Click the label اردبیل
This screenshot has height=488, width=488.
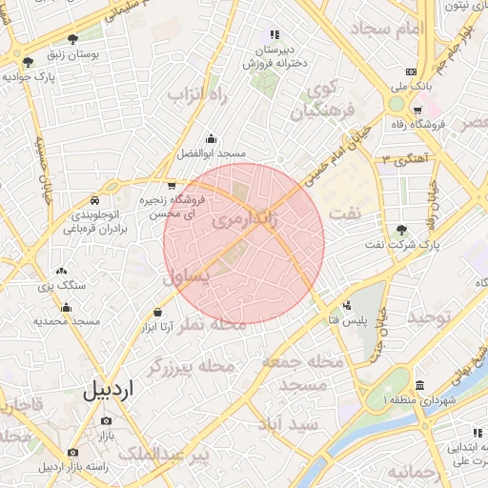(x=109, y=391)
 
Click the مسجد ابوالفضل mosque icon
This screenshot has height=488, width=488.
(x=211, y=138)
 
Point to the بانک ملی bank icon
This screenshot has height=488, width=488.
(x=411, y=71)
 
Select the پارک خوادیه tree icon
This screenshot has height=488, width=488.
(x=28, y=63)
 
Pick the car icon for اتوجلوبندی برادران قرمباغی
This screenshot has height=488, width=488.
(x=95, y=201)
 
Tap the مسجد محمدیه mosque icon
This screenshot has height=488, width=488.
(x=67, y=307)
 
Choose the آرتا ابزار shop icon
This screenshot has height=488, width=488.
(x=157, y=313)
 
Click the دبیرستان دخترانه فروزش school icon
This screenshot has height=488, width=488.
(x=274, y=35)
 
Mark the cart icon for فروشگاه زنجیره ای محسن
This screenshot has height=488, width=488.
(x=171, y=186)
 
